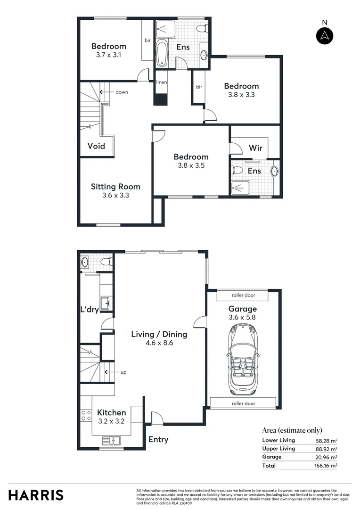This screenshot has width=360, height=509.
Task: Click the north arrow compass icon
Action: click(324, 35)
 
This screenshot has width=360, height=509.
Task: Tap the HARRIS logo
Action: click(36, 495)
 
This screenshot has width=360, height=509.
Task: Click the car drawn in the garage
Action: click(243, 361)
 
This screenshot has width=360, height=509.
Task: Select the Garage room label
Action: click(243, 309)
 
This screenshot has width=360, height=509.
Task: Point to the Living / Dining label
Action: click(159, 334)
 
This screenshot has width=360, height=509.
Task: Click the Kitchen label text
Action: click(112, 412)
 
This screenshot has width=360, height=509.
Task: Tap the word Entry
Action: click(158, 439)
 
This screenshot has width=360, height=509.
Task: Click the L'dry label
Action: click(89, 310)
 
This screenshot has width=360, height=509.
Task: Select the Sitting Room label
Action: click(115, 187)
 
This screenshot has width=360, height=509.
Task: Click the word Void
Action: click(96, 146)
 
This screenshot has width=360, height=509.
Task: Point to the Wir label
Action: click(255, 148)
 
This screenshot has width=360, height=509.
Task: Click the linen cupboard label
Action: click(161, 82)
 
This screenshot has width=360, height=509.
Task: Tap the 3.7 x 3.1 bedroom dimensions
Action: click(108, 55)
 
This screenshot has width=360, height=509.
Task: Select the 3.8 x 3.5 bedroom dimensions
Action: click(191, 165)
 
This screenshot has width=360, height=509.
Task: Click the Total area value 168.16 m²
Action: click(326, 466)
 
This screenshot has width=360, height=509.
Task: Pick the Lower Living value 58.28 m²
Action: click(326, 440)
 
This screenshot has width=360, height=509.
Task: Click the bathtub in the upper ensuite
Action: click(162, 54)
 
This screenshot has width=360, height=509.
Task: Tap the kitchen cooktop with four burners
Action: click(86, 415)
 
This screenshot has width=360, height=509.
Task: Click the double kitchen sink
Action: click(112, 441)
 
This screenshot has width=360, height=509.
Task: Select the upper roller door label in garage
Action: click(243, 295)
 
